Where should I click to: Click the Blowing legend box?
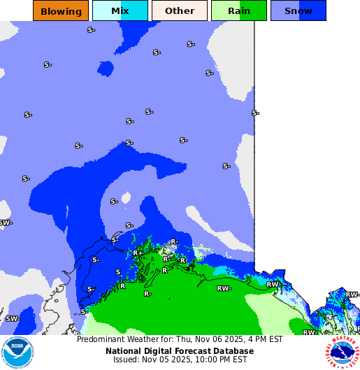pyautogui.click(x=61, y=10)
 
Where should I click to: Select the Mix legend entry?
pyautogui.click(x=120, y=10)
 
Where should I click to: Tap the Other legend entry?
pyautogui.click(x=180, y=10)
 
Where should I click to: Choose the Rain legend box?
pyautogui.click(x=239, y=10)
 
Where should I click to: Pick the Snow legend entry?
pyautogui.click(x=298, y=10)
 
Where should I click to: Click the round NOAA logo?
pyautogui.click(x=17, y=353)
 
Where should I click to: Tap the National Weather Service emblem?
pyautogui.click(x=342, y=353)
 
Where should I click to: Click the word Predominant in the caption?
pyautogui.click(x=102, y=340)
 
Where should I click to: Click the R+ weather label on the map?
pyautogui.click(x=138, y=253)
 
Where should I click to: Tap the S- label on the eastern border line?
pyautogui.click(x=255, y=113)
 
